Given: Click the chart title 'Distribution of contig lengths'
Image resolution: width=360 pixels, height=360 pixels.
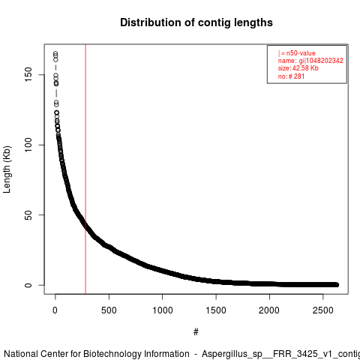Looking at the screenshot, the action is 196,22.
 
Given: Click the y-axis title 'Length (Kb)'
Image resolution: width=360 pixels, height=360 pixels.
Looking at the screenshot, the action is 7,169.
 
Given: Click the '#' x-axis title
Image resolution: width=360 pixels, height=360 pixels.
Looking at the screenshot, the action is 196,331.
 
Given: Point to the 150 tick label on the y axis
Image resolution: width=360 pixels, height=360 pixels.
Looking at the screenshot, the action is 28,74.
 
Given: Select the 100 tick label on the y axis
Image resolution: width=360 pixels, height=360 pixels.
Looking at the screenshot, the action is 28,145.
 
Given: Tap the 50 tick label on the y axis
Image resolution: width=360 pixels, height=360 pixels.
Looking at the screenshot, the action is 28,215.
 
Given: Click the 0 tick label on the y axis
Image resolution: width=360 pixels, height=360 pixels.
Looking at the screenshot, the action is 28,285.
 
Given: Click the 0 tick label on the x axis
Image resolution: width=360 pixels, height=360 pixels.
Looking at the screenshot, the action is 55,310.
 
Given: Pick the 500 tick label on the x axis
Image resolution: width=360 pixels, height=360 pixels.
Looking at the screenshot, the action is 109,310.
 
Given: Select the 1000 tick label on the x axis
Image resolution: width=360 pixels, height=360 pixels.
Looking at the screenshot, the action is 163,310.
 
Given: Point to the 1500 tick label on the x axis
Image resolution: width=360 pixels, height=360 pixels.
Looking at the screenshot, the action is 216,310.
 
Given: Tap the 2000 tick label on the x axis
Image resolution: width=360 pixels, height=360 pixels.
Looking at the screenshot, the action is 269,310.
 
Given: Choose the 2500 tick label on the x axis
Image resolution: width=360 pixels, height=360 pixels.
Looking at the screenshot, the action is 323,310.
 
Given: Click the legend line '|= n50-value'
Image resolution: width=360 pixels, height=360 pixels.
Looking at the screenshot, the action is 296,53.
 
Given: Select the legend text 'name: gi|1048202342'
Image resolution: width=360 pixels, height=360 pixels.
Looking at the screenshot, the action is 310,61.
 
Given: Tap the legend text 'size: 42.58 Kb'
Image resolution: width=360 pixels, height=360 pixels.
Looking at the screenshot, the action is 298,68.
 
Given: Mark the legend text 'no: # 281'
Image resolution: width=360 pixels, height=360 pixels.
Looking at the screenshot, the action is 291,76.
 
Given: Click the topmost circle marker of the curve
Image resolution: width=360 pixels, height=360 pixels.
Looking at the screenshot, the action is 55,53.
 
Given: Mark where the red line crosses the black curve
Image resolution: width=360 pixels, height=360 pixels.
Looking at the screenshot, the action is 85,225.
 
